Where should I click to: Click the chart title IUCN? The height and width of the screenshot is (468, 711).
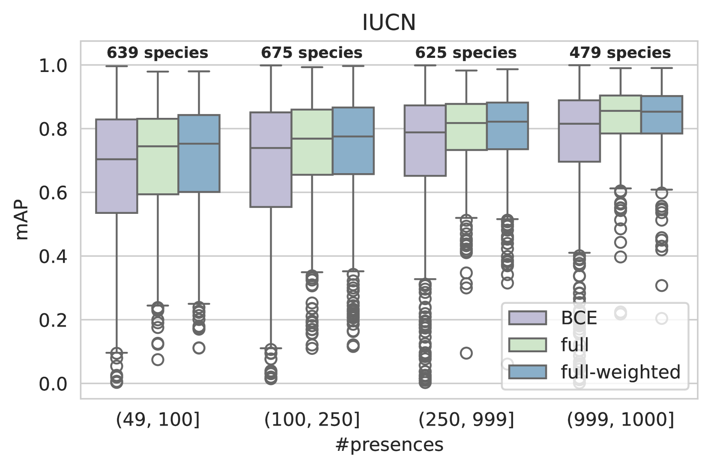[x=388, y=23]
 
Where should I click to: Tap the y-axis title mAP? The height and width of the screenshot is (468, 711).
[x=22, y=220]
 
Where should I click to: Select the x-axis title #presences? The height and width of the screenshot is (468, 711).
[x=389, y=445]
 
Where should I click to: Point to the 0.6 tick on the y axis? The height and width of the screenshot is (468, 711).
[x=53, y=193]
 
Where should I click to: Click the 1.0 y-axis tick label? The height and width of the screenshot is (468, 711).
[x=53, y=66]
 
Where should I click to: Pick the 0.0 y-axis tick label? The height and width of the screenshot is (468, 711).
[x=53, y=384]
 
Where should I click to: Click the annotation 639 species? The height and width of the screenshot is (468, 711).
[x=157, y=53]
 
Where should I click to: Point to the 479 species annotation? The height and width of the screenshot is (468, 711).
[x=620, y=53]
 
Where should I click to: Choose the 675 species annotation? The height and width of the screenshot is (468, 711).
[x=311, y=53]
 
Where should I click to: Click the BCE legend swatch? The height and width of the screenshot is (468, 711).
[x=527, y=318]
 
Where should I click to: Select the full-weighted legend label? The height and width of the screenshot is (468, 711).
[x=621, y=372]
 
